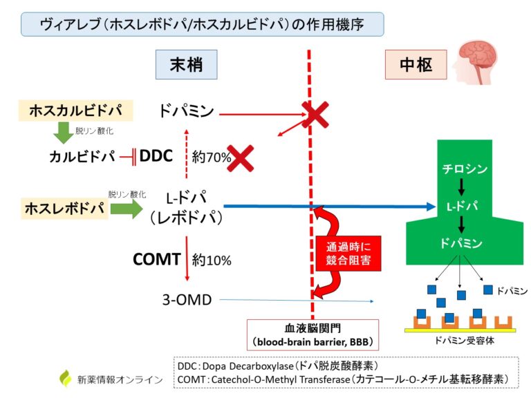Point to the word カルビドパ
pyautogui.click(x=81, y=157)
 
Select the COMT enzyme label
pyautogui.click(x=157, y=260)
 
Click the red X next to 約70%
pyautogui.click(x=240, y=158)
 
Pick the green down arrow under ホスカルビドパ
pyautogui.click(x=64, y=131)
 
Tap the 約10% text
pyautogui.click(x=212, y=260)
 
